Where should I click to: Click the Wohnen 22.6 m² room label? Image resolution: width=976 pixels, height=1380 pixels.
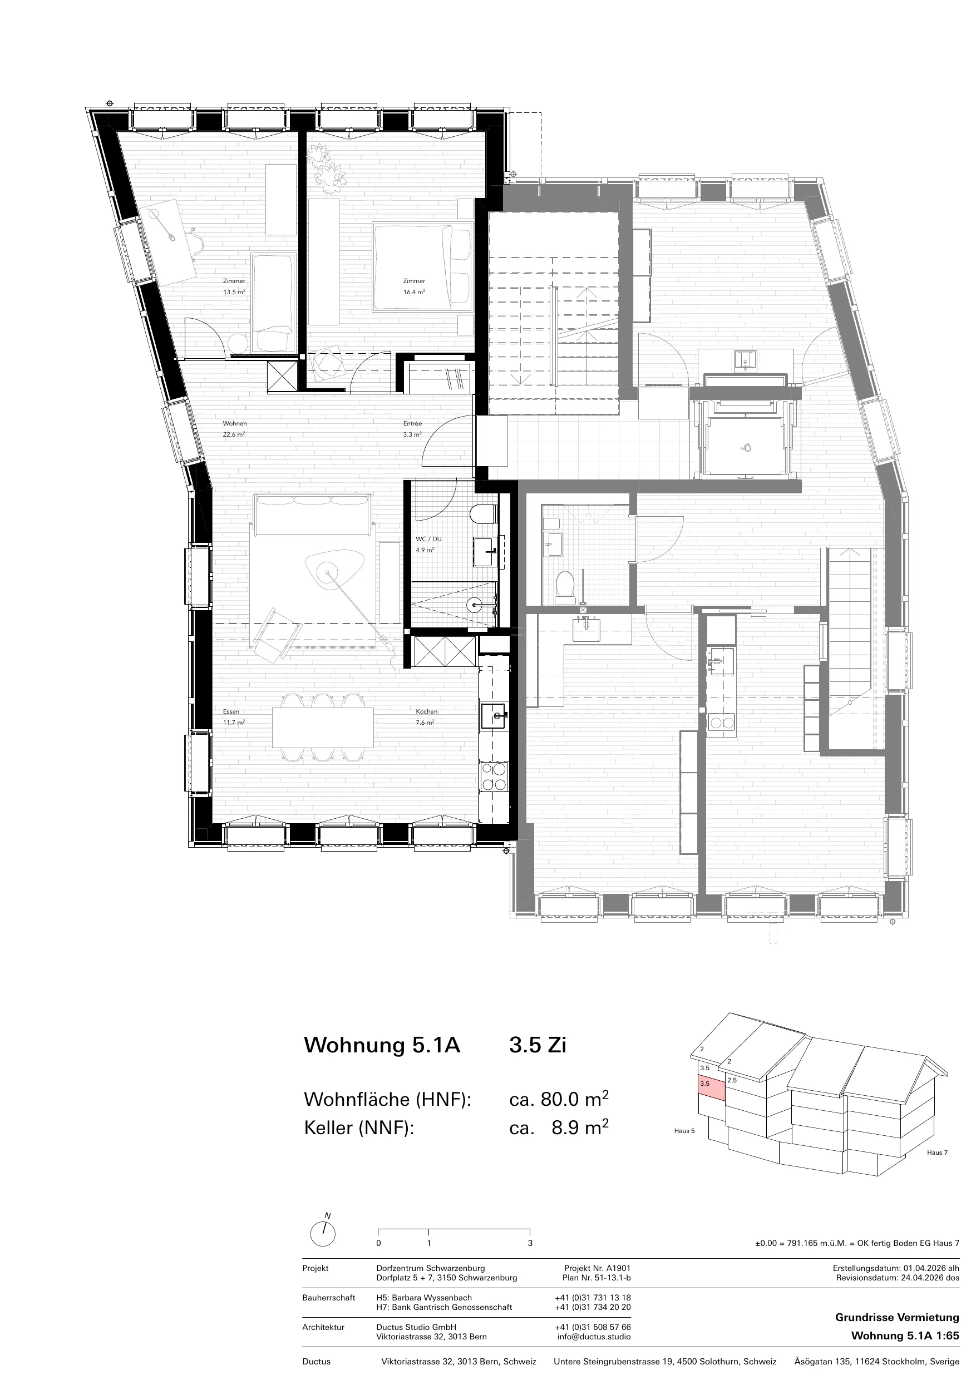pyautogui.click(x=234, y=428)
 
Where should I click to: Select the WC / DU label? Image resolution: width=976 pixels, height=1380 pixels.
pyautogui.click(x=428, y=539)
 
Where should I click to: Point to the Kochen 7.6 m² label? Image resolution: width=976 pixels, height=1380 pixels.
pyautogui.click(x=426, y=717)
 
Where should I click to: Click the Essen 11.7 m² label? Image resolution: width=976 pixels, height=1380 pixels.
pyautogui.click(x=234, y=717)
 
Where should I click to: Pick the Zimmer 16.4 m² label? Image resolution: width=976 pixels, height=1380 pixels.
pyautogui.click(x=414, y=286)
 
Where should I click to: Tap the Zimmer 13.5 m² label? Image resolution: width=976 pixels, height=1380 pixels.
pyautogui.click(x=234, y=286)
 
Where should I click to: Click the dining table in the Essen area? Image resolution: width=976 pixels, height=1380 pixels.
pyautogui.click(x=323, y=727)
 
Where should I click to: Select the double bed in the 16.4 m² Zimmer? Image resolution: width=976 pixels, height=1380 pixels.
pyautogui.click(x=422, y=267)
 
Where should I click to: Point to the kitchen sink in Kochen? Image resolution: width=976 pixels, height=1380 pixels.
pyautogui.click(x=494, y=716)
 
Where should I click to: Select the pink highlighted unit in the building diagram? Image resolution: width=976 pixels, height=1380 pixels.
pyautogui.click(x=711, y=1089)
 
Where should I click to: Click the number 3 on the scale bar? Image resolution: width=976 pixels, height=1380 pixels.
pyautogui.click(x=530, y=1243)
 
